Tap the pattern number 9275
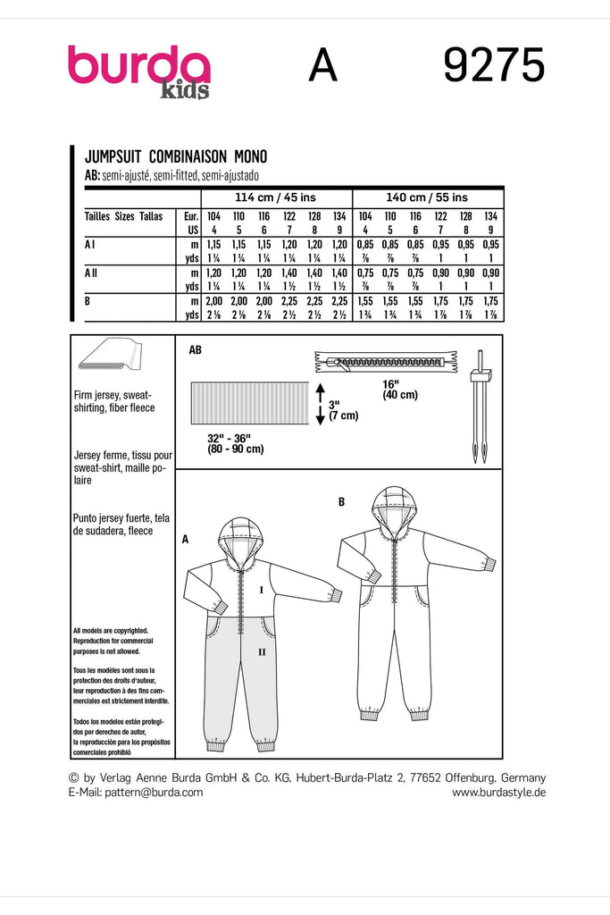point(493,66)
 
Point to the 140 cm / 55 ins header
point(426,197)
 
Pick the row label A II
point(94,272)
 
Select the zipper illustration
point(387,363)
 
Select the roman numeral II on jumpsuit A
point(261,653)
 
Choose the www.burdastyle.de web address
point(498,793)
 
